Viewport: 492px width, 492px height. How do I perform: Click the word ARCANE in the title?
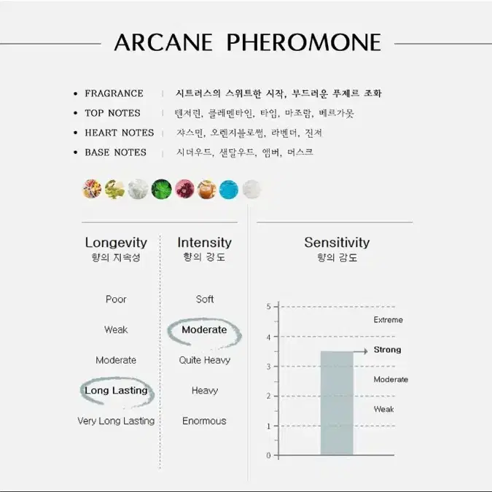click(163, 42)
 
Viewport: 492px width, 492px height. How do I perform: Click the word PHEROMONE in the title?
click(304, 42)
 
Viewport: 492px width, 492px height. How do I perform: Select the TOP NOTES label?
click(113, 113)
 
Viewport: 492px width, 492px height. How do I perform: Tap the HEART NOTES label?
click(120, 133)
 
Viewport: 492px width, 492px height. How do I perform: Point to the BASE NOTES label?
click(115, 152)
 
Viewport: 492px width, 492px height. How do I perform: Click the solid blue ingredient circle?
click(228, 190)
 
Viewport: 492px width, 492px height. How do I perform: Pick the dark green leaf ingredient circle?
click(161, 190)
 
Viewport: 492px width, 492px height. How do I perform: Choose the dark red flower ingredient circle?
click(184, 189)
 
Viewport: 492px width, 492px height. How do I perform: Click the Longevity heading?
click(116, 243)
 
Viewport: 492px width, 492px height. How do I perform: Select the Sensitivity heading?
click(337, 243)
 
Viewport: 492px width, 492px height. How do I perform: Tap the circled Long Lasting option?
click(116, 391)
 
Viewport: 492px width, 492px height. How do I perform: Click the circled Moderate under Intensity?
click(204, 329)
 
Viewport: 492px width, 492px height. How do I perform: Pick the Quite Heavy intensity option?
click(205, 360)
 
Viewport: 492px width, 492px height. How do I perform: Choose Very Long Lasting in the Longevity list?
click(116, 421)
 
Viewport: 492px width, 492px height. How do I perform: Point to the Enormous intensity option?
click(204, 421)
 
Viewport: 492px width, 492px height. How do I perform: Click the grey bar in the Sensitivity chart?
click(337, 403)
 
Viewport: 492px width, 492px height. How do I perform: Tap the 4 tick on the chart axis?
click(268, 337)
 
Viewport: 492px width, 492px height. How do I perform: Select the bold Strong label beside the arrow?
click(387, 350)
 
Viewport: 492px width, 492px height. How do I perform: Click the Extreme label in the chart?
click(388, 320)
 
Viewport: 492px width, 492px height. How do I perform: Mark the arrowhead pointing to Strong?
click(366, 351)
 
